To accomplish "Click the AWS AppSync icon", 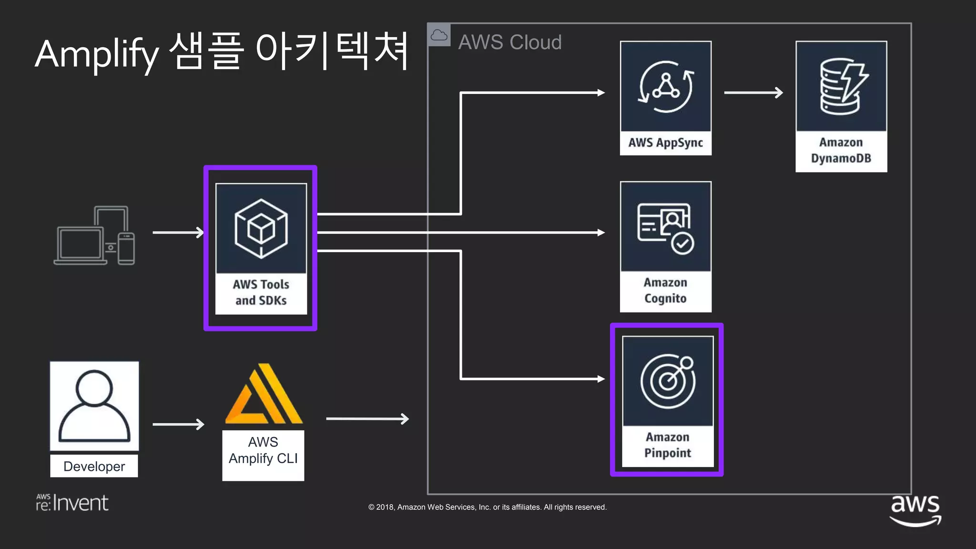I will pos(665,87).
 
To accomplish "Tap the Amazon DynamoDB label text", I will pos(841,150).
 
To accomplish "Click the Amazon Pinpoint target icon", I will pos(667,381).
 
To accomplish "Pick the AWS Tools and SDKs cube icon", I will pos(261,229).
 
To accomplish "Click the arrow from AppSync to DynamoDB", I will pos(753,92).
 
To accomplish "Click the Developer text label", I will pos(94,466).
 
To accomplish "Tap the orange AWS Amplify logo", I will pos(264,395).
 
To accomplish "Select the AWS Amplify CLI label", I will pos(263,450).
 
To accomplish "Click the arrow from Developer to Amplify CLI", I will pos(178,424).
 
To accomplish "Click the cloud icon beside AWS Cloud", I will pos(439,35).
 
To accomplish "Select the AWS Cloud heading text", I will pos(509,42).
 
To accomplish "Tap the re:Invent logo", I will pos(72,503).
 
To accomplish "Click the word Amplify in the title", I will pos(97,54).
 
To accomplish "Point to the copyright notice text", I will pos(487,507).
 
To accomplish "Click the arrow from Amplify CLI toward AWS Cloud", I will pos(367,419).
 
